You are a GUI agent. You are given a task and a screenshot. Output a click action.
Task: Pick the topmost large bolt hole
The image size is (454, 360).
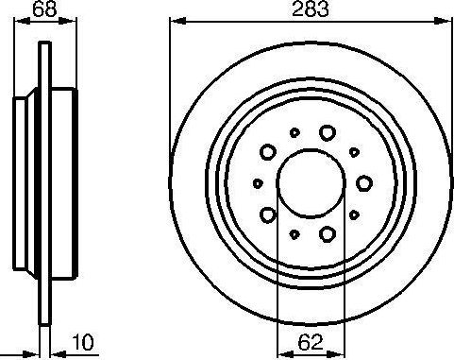(x=327, y=132)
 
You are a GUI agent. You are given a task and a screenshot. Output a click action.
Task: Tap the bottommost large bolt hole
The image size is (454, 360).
(x=327, y=231)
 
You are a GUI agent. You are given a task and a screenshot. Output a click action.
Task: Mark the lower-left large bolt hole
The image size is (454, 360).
(x=269, y=214)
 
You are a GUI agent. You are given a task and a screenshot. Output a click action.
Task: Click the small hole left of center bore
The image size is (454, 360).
(x=258, y=182)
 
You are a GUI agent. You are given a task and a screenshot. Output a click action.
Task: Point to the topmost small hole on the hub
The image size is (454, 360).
(x=294, y=133)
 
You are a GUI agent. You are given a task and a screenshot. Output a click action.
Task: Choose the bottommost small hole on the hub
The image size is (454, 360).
(x=294, y=232)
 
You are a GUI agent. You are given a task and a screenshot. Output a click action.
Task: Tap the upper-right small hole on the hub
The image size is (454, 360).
(x=354, y=150)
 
